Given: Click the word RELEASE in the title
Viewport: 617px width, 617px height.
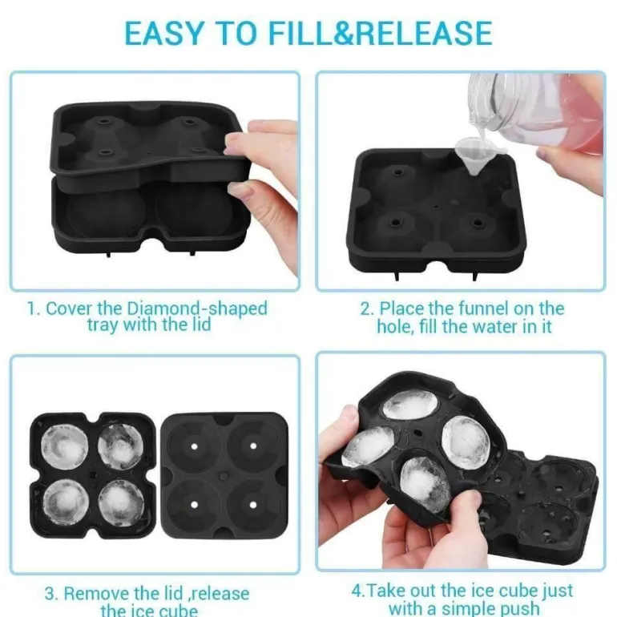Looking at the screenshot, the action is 423,33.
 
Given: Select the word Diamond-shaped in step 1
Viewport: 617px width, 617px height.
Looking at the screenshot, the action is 198,309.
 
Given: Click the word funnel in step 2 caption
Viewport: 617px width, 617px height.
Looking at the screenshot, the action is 469,308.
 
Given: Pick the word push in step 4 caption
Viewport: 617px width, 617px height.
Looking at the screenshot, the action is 516,608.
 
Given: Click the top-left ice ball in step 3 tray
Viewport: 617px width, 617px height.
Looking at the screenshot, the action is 65,447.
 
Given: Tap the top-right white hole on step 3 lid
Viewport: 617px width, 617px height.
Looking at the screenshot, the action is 253,446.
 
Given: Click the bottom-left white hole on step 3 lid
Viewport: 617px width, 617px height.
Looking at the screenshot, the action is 194,505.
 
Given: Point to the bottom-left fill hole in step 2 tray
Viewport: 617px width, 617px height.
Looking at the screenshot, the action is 395,223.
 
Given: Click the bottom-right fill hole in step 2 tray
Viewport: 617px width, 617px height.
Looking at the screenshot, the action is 478,223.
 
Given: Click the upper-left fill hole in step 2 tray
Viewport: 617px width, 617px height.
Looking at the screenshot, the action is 398,173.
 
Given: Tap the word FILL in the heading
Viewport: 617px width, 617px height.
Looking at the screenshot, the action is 300,33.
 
